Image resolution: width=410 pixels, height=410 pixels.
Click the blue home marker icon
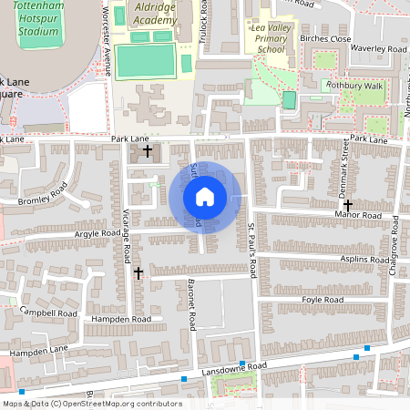[x=205, y=197]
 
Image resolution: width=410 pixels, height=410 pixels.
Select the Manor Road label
[x=358, y=215]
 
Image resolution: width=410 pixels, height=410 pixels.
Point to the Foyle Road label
[x=322, y=300]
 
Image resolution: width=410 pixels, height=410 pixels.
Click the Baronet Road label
[x=192, y=304]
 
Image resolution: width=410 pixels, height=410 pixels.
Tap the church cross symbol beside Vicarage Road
[x=138, y=272]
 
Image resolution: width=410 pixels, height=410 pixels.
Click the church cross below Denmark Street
[x=347, y=206]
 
